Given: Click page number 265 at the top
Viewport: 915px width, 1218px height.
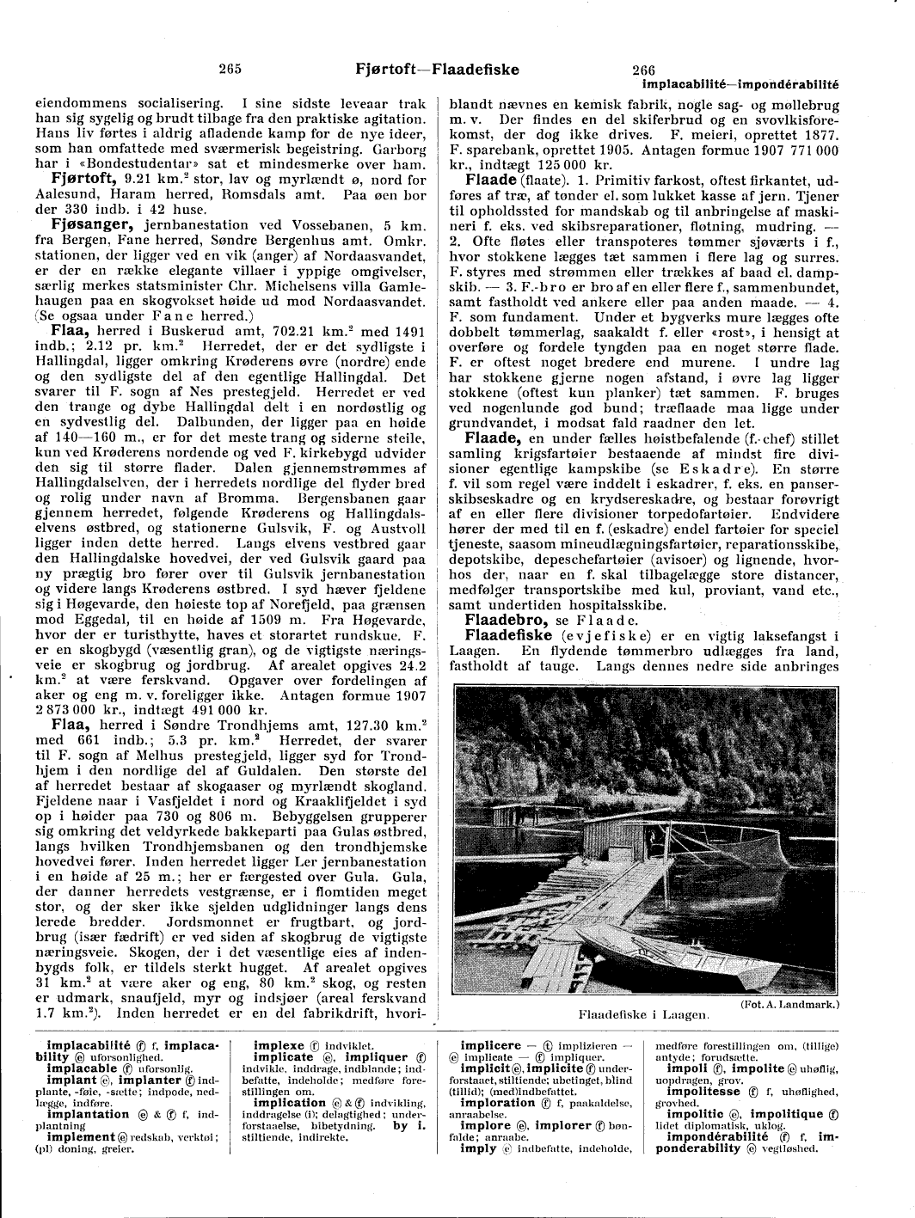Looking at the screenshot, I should [229, 70].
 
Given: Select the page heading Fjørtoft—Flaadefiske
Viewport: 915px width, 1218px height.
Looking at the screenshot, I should [437, 70].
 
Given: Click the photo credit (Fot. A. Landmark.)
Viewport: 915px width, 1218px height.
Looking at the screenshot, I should [789, 1004].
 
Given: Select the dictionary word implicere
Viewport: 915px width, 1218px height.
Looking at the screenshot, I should [491, 1046].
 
